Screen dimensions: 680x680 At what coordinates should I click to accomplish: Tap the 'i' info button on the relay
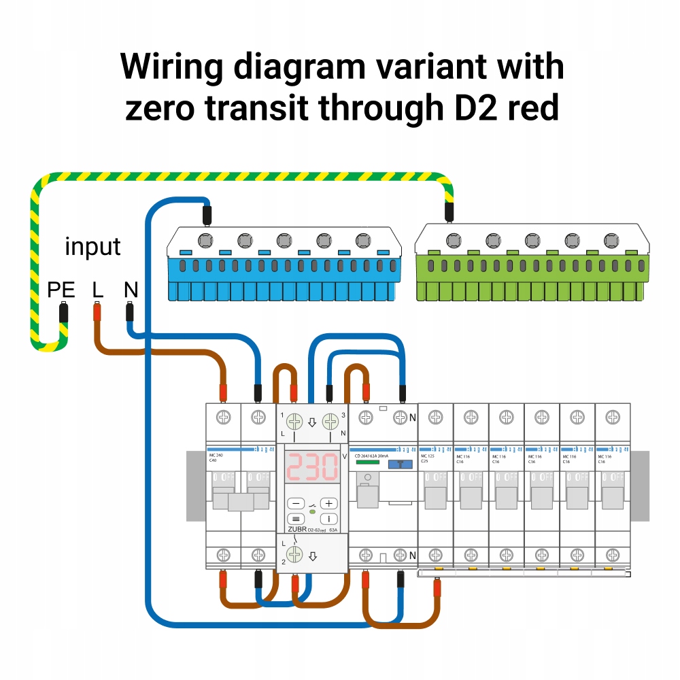tap(329, 518)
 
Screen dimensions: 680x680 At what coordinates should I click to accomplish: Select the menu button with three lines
tap(296, 518)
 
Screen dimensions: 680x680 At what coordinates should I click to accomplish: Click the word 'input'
tap(92, 246)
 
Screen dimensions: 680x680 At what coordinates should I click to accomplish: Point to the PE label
tap(61, 290)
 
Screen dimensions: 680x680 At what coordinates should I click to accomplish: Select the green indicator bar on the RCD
tap(367, 462)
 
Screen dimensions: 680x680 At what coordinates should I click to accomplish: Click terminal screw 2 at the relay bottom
tap(294, 554)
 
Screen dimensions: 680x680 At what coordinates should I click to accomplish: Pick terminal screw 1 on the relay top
tap(294, 422)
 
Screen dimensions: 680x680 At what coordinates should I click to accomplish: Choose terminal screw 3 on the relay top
tap(330, 422)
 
